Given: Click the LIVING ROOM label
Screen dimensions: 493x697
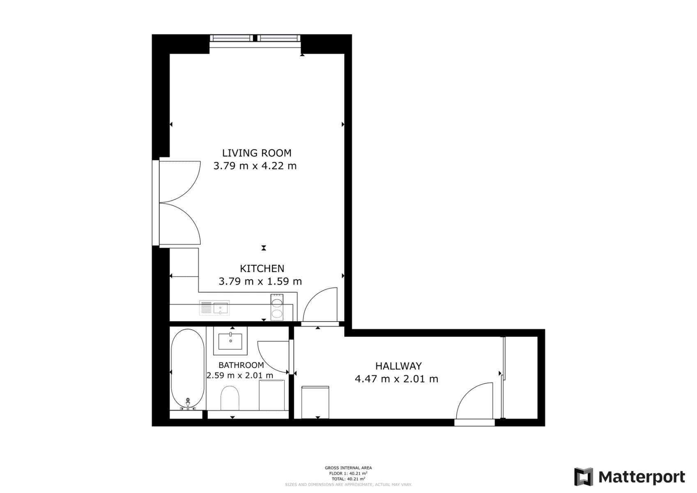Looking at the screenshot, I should (x=257, y=153).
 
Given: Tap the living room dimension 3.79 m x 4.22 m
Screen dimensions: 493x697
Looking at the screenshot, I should (x=255, y=166).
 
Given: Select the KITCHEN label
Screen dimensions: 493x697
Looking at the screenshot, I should (x=262, y=268).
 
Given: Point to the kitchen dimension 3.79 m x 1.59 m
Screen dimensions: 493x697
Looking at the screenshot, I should (x=260, y=281).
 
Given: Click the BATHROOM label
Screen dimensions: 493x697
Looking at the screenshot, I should (x=241, y=365).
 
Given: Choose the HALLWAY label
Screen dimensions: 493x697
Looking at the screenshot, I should (x=398, y=366).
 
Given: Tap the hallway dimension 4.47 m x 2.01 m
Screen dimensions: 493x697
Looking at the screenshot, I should (x=396, y=379).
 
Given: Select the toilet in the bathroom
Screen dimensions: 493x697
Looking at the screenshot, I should (x=230, y=398).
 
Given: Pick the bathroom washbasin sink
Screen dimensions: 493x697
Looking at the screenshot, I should (x=230, y=341).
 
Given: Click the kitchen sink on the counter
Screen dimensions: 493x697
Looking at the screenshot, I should (x=220, y=308).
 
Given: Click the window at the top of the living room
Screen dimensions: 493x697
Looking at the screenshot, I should (x=255, y=39).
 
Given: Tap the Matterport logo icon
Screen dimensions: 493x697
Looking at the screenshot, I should (x=584, y=477).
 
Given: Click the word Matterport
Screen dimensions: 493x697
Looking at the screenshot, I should (x=642, y=477).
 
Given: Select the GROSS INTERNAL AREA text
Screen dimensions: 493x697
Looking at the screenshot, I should (x=348, y=468).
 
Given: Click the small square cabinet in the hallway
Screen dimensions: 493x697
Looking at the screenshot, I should (x=315, y=402).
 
